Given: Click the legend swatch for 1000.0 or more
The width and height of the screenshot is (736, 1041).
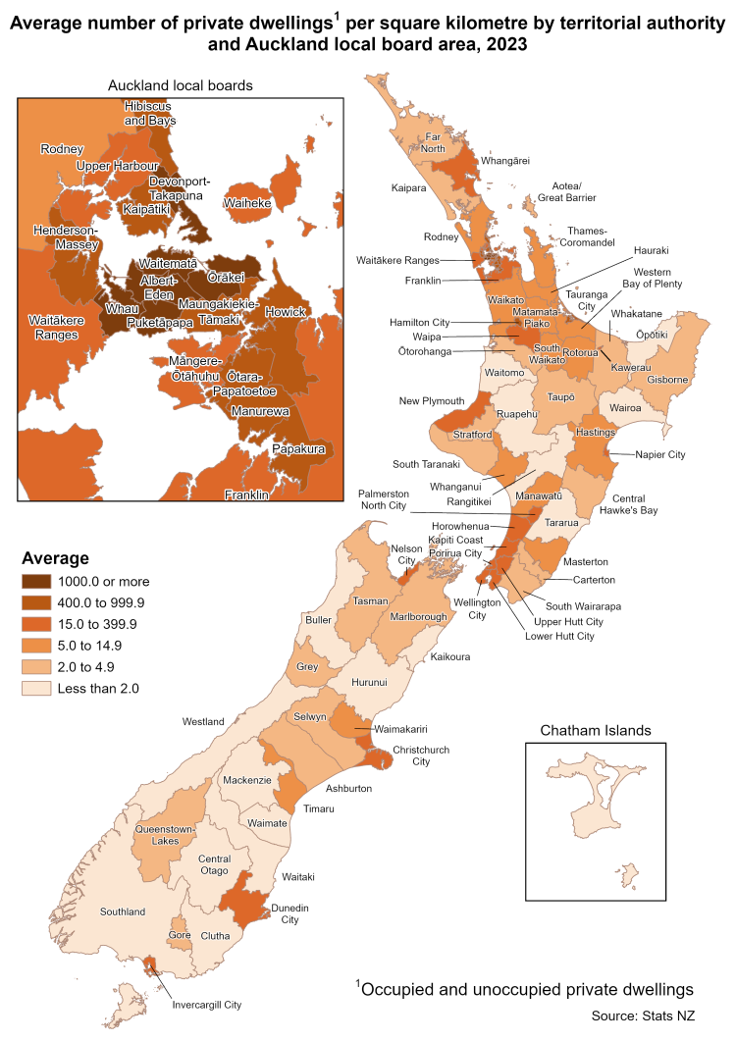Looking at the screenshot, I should pyautogui.click(x=38, y=581).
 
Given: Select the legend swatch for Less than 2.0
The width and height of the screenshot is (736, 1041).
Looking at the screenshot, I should pyautogui.click(x=38, y=688).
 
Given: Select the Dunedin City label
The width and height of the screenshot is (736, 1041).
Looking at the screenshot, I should pyautogui.click(x=289, y=913).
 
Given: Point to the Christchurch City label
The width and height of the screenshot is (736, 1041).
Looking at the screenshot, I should pyautogui.click(x=421, y=755).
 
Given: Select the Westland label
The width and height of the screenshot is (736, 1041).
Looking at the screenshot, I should pyautogui.click(x=203, y=722).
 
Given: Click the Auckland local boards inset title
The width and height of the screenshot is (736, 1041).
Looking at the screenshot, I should pyautogui.click(x=180, y=85).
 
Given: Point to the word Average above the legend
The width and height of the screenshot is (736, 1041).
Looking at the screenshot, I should pyautogui.click(x=56, y=558).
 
